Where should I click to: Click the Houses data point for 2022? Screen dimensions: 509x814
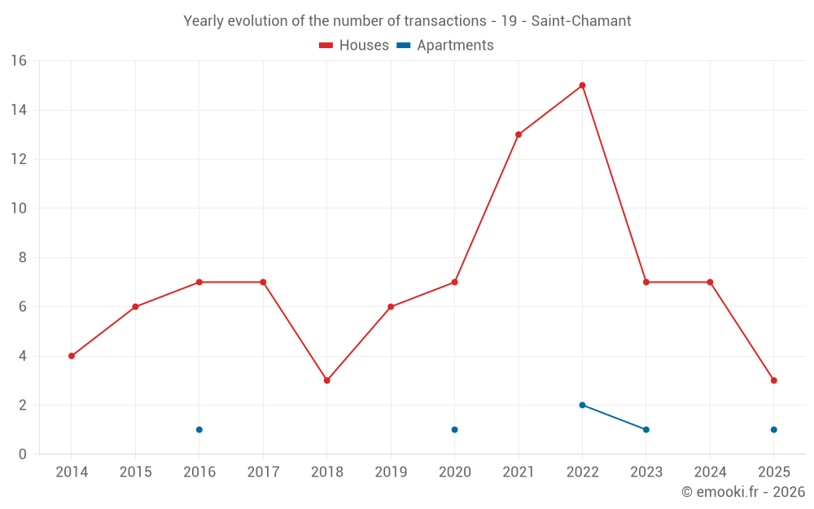click(582, 86)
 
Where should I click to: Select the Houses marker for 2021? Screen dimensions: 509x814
click(519, 134)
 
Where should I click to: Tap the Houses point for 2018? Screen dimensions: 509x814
click(326, 380)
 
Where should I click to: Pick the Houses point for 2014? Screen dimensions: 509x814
click(72, 356)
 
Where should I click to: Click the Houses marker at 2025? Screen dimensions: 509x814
click(773, 380)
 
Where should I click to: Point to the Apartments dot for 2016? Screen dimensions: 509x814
click(199, 429)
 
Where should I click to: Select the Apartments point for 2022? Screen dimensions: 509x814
click(582, 405)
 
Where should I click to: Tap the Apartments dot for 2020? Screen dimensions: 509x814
click(454, 429)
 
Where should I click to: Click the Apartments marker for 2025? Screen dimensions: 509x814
click(773, 429)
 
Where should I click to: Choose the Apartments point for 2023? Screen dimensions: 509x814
click(646, 429)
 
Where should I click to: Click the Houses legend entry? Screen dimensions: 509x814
click(354, 46)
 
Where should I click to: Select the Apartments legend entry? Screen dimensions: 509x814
click(445, 46)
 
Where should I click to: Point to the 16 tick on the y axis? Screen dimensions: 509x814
click(19, 61)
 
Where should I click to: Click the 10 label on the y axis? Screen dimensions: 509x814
click(19, 208)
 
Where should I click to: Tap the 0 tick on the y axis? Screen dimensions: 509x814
click(22, 454)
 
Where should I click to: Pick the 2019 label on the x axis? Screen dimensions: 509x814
click(391, 472)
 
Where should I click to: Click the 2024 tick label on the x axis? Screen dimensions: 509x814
click(710, 472)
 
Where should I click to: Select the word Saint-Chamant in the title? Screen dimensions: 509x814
click(581, 21)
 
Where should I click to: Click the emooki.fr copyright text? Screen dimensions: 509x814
click(743, 492)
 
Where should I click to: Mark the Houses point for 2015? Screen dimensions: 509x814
click(135, 307)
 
